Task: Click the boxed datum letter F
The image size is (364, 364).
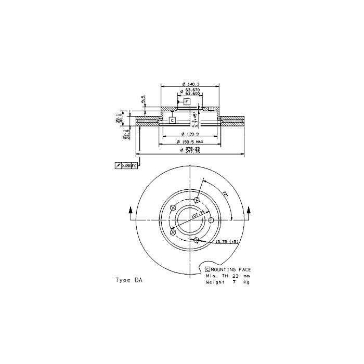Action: tap(186, 102)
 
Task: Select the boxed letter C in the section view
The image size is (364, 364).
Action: tap(172, 120)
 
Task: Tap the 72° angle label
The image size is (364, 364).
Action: tap(225, 194)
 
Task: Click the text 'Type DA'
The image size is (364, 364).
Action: tap(128, 280)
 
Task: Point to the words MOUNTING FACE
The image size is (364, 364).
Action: tap(231, 269)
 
